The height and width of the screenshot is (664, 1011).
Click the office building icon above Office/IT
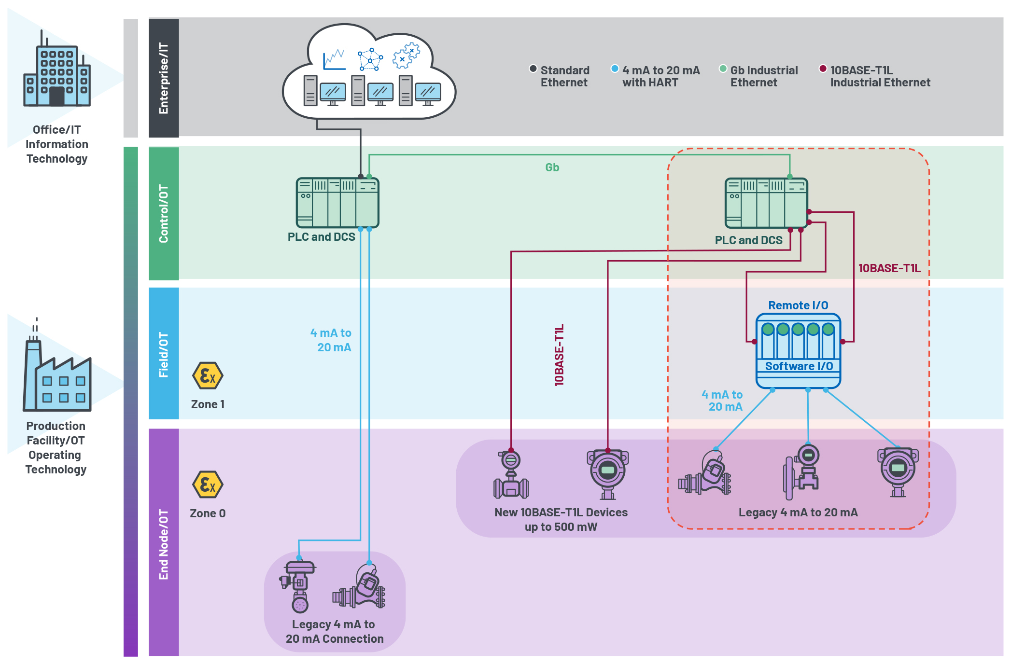[x=57, y=72]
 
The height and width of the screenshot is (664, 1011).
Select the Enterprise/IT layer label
[x=164, y=78]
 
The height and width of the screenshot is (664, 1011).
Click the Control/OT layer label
[x=164, y=213]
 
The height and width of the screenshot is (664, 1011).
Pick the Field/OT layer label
[x=164, y=354]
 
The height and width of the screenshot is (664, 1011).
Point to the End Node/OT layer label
[x=164, y=544]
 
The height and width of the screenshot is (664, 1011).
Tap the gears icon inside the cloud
[x=406, y=55]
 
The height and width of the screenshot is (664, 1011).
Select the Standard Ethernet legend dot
[x=533, y=69]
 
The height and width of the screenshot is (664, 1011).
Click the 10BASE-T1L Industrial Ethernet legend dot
[x=823, y=69]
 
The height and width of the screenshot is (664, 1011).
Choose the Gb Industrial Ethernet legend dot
[x=723, y=69]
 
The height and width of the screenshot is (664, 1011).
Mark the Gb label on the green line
[x=552, y=167]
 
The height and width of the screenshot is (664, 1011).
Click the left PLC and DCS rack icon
[x=337, y=203]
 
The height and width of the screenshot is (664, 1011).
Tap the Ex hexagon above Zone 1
[x=208, y=375]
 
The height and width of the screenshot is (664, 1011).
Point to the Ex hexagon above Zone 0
[x=208, y=484]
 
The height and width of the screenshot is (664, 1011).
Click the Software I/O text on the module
[x=799, y=366]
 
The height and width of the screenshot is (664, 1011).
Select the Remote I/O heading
[x=798, y=305]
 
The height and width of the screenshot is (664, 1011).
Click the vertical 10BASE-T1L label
[x=559, y=355]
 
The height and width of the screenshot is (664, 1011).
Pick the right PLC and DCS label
[x=748, y=240]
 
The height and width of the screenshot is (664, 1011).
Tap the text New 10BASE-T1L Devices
[x=561, y=512]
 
